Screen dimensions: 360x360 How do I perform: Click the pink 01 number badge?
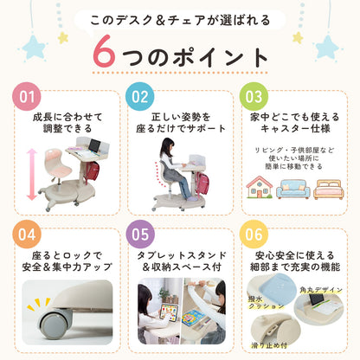click(27, 97)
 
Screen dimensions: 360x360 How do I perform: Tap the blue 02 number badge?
click(140, 97)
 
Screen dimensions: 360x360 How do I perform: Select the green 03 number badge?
click(254, 97)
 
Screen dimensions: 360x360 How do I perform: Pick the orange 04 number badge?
click(27, 235)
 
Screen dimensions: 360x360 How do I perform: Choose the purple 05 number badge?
click(140, 235)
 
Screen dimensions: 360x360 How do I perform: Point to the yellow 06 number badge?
click(254, 235)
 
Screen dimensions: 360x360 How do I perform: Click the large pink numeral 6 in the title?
click(104, 51)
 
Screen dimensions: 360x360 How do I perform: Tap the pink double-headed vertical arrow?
click(32, 175)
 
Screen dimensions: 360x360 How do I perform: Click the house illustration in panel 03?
click(259, 187)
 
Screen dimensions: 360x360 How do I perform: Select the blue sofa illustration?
click(293, 189)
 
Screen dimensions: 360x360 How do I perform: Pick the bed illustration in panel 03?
click(329, 190)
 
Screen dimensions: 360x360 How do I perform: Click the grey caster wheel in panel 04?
click(55, 323)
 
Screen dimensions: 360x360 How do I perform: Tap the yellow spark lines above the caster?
click(38, 304)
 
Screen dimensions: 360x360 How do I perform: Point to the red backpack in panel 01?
click(92, 171)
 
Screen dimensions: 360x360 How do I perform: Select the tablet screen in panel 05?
click(168, 313)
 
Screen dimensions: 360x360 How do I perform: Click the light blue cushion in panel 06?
click(275, 284)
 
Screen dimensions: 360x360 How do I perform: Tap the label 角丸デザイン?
click(321, 290)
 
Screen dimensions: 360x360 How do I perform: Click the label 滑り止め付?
click(269, 345)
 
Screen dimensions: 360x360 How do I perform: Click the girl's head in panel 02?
click(167, 146)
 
